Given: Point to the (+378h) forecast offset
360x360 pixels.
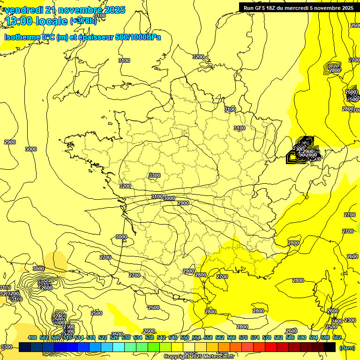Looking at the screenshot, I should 83,21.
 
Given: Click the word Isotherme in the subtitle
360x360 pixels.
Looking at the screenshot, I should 22,37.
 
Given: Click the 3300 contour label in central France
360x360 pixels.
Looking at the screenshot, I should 154,175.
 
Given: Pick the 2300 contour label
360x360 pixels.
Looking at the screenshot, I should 350,320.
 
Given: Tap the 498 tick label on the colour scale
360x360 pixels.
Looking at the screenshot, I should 32,338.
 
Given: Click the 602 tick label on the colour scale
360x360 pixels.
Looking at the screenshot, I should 337,338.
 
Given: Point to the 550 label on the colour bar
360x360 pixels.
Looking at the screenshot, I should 185,338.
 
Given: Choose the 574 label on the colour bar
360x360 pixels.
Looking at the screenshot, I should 255,338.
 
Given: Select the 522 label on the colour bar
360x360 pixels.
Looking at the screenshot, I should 103,338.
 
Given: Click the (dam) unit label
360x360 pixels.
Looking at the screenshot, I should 347,347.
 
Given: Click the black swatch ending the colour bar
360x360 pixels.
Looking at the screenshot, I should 330,347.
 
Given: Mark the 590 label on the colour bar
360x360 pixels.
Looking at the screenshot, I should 302,338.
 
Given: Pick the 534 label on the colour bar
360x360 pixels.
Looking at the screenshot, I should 138,338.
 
